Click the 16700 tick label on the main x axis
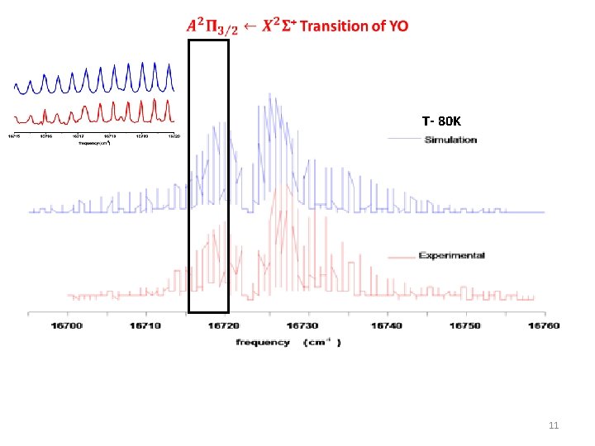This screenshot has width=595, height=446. [x=68, y=326]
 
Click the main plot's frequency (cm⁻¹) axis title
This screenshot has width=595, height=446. [x=288, y=342]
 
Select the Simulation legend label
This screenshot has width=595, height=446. [x=450, y=140]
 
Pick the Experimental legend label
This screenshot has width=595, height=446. [x=451, y=255]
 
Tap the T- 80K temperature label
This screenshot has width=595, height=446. [x=441, y=121]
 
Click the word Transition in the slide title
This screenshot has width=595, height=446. [x=334, y=26]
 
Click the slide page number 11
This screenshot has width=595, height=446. [x=555, y=426]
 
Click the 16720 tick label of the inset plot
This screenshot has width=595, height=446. [x=174, y=136]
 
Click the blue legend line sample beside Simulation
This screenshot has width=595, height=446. [x=405, y=140]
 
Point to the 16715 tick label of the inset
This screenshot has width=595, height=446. [x=15, y=136]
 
